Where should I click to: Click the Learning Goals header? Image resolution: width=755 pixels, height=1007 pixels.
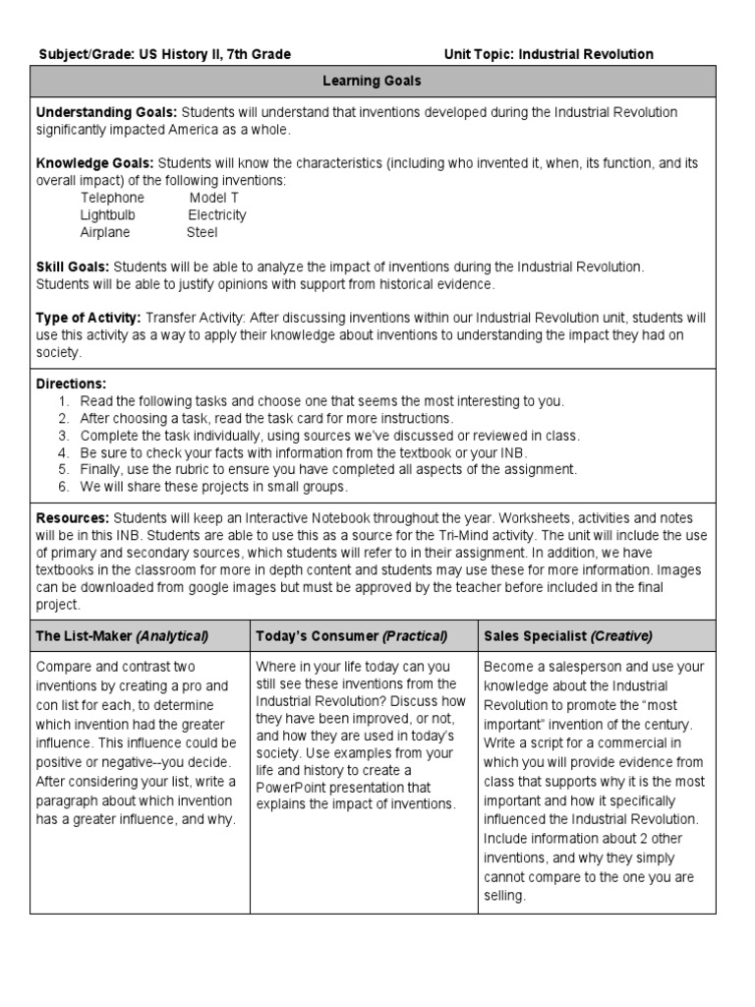pos(373,82)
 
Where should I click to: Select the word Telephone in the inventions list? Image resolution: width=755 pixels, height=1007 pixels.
pos(112,198)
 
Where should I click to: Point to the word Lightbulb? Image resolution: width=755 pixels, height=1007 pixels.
pos(108,215)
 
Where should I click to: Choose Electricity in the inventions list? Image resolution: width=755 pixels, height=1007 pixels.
pos(217,215)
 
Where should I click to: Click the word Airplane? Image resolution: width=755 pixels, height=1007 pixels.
pos(105,233)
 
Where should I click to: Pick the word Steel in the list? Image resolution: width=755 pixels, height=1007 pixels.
pos(203,233)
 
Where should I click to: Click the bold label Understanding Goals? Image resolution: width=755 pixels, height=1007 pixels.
pos(106,112)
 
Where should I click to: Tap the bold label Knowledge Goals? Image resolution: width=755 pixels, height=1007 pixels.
pos(94,163)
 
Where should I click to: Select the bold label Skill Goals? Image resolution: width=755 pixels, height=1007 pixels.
pos(73,267)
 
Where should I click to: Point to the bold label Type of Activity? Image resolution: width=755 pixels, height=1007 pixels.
pos(88,318)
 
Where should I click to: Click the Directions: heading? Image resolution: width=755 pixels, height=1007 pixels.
pos(71,384)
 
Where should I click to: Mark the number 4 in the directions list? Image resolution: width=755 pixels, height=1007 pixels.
pos(62,452)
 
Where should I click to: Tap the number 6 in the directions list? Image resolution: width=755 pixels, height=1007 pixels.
pos(62,487)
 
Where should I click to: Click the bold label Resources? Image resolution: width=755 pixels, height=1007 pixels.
pos(73,518)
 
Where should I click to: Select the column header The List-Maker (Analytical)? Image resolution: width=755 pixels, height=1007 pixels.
pos(122,636)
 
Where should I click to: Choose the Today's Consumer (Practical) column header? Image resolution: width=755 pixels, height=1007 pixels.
pos(352,636)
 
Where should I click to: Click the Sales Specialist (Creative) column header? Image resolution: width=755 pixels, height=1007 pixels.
pos(568,636)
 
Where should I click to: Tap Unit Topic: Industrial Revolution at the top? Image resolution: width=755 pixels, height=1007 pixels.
pos(549,54)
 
